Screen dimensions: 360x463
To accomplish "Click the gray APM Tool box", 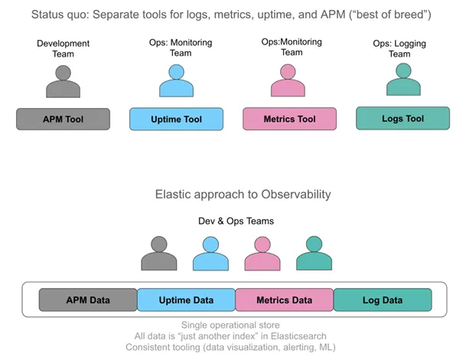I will [x=64, y=119].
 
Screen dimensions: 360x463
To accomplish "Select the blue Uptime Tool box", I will [x=177, y=119].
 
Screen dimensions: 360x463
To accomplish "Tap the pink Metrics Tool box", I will [x=289, y=119].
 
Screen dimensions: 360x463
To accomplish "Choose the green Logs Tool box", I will [x=403, y=118].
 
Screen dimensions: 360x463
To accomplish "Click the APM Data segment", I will [x=89, y=299].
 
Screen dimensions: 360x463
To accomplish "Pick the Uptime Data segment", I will [x=186, y=299].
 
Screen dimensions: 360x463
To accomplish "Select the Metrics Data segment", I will [x=284, y=299].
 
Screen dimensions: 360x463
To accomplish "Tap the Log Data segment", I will [x=383, y=299].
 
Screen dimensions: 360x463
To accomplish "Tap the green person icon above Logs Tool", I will [x=402, y=80].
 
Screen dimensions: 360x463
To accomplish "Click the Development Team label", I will [x=64, y=48].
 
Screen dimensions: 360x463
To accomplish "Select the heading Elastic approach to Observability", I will [x=232, y=195].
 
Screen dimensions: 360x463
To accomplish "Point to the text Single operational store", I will [x=231, y=325].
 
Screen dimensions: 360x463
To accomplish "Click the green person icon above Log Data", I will [x=314, y=254].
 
